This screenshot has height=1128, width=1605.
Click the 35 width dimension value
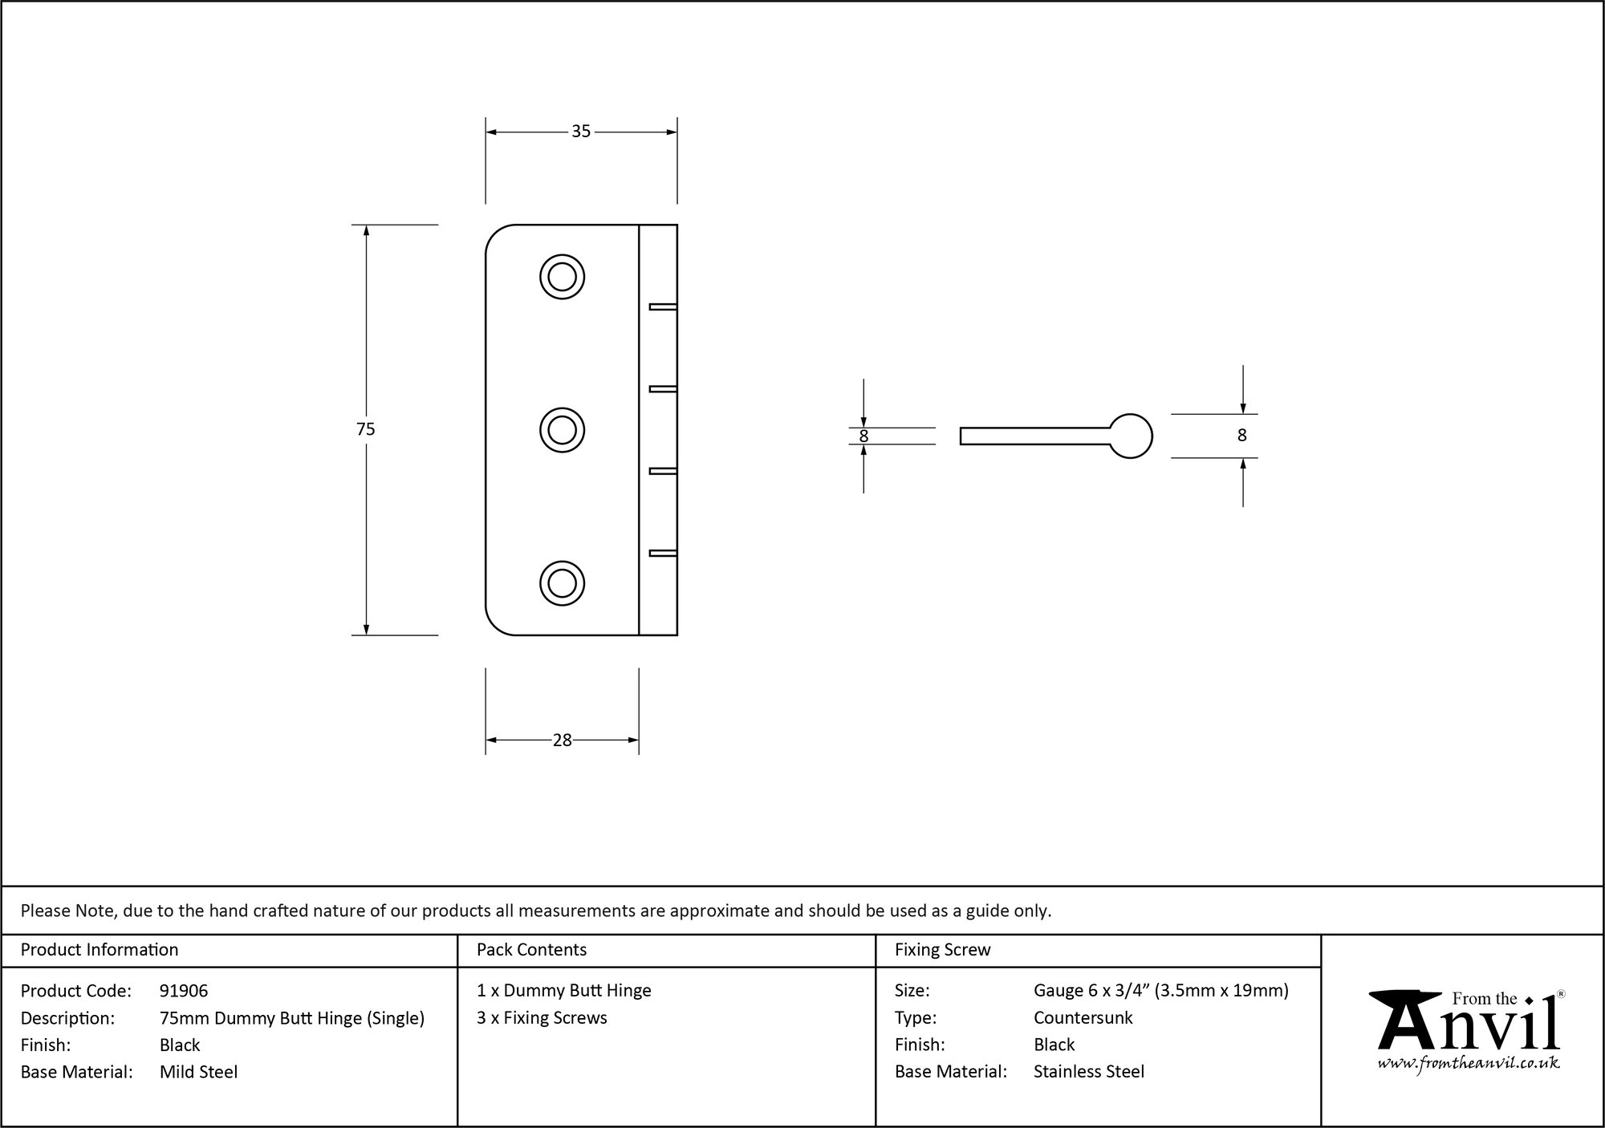click(581, 132)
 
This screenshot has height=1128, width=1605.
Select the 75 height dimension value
click(366, 429)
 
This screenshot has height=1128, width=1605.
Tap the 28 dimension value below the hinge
click(562, 741)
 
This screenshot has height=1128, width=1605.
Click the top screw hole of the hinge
click(562, 277)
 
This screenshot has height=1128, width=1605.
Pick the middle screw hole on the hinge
click(562, 430)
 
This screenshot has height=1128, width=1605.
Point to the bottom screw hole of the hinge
click(562, 582)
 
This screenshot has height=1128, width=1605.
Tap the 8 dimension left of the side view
click(863, 436)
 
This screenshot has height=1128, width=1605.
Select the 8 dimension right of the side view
click(1242, 436)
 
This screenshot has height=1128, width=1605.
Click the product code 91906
click(184, 991)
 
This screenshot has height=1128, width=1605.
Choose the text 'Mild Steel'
click(199, 1072)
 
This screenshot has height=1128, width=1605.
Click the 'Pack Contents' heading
click(531, 950)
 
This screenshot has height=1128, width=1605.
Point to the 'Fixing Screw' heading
click(943, 950)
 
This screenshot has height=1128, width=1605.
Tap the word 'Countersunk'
click(1083, 1018)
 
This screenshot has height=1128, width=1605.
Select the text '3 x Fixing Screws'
click(542, 1018)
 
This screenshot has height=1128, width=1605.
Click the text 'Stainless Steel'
click(1089, 1072)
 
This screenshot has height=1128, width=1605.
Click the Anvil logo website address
click(1469, 1064)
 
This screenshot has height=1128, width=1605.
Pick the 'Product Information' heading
click(100, 950)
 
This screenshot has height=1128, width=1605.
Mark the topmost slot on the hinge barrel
click(663, 306)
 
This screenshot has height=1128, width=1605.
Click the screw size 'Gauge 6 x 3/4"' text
click(1091, 991)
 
